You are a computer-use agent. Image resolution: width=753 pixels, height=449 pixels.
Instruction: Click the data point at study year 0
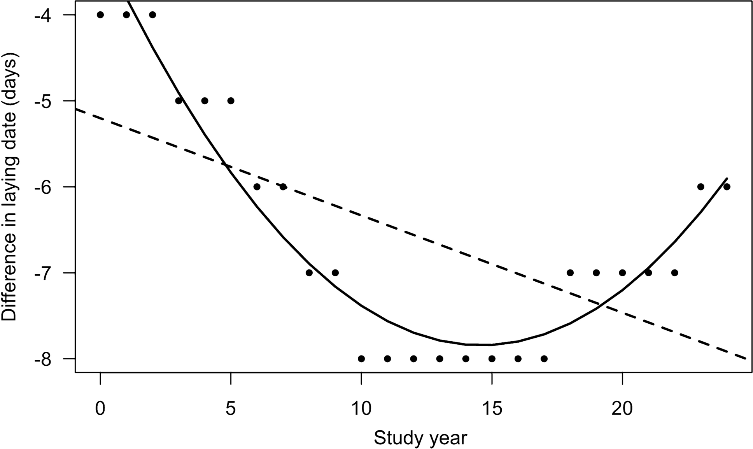coord(100,15)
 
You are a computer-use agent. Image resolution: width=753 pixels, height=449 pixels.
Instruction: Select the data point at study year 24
coord(727,187)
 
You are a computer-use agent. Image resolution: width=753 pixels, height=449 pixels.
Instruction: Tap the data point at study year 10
coord(361,359)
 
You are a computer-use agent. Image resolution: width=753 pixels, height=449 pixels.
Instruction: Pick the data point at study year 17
coord(544,359)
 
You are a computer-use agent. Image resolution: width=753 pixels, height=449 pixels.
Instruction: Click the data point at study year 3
coord(179,101)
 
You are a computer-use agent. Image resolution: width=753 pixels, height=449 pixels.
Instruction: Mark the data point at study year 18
coord(570,273)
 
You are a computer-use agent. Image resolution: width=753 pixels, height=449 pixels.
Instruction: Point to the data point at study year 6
coord(257,187)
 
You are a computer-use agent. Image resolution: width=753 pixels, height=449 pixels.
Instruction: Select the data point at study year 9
coord(335,273)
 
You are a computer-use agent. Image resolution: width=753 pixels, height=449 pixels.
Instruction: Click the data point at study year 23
coord(700,187)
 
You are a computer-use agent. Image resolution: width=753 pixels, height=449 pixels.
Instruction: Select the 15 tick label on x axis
coord(492,409)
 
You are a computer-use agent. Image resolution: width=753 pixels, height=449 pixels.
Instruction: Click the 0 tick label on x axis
coord(100,409)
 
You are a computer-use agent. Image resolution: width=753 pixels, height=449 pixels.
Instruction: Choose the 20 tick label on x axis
coord(622,409)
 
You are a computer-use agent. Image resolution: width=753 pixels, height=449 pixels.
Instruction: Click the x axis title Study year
coord(420,438)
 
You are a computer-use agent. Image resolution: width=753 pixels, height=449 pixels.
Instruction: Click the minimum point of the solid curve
coord(484,345)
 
